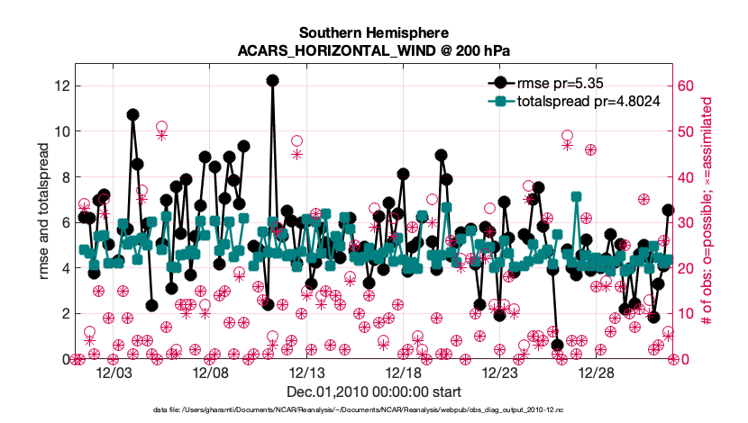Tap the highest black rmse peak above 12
272,80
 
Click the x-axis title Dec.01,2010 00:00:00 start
373,392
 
